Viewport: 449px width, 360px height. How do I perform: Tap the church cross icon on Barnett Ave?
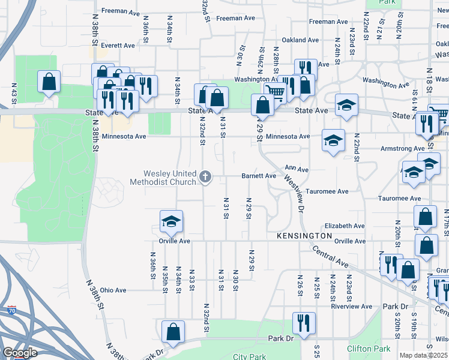pyautogui.click(x=205, y=176)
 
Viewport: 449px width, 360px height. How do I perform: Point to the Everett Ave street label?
pyautogui.click(x=118, y=46)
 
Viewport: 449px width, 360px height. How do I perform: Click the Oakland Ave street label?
pyautogui.click(x=300, y=40)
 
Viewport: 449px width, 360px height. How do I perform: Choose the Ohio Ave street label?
pyautogui.click(x=113, y=290)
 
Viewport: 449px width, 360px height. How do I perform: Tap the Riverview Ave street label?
pyautogui.click(x=352, y=306)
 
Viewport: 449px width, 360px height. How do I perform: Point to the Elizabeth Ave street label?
pyautogui.click(x=345, y=226)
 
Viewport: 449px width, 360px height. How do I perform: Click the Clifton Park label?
pyautogui.click(x=368, y=349)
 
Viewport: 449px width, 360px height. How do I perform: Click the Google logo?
pyautogui.click(x=20, y=353)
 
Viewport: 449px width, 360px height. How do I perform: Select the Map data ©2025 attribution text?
pyautogui.click(x=423, y=355)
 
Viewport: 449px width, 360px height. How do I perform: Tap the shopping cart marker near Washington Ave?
pyautogui.click(x=275, y=91)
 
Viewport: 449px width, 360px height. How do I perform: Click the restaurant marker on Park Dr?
pyautogui.click(x=304, y=323)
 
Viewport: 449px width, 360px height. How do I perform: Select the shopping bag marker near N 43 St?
pyautogui.click(x=49, y=81)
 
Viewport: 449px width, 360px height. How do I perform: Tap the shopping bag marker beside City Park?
pyautogui.click(x=173, y=331)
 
